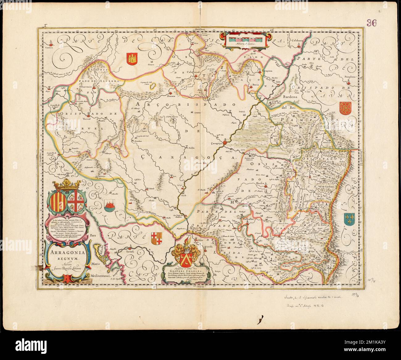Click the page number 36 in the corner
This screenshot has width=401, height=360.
coord(372,23)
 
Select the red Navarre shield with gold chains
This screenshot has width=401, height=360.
coord(344,107)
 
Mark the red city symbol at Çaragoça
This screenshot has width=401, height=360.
coord(225,142)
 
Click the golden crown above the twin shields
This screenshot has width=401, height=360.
coord(67,185)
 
